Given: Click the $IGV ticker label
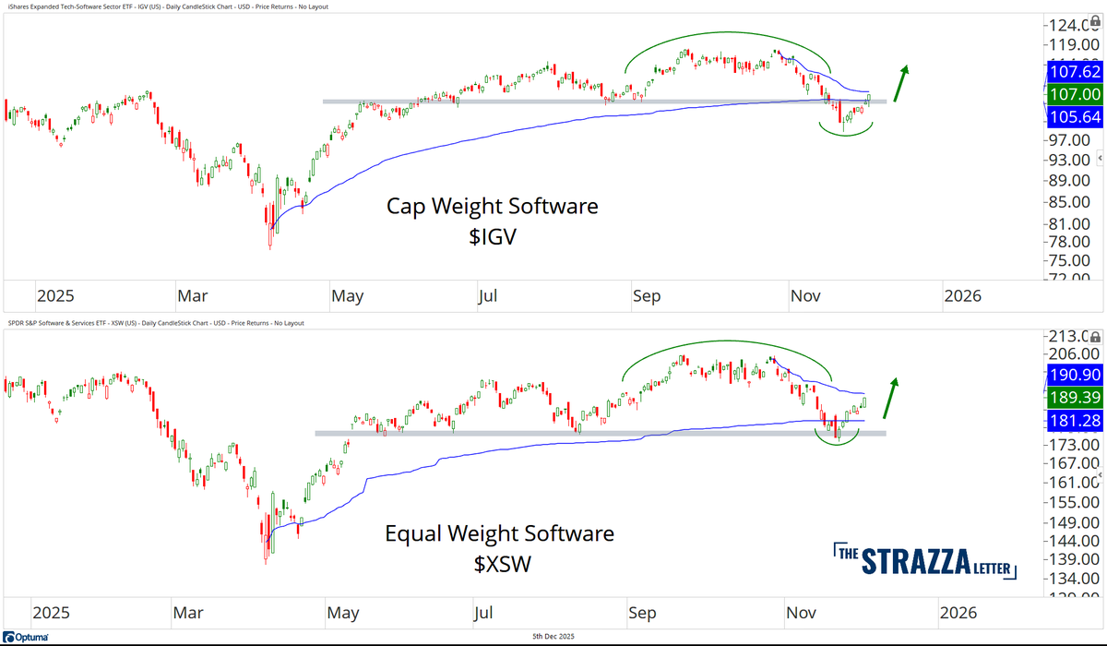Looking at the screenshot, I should [x=492, y=237].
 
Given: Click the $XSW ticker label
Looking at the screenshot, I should [x=498, y=564].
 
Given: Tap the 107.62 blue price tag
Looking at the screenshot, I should [x=1074, y=71].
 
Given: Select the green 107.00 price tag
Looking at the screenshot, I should [x=1074, y=94].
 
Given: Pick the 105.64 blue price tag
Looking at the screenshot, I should [x=1074, y=117].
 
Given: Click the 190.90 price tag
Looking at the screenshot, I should [x=1074, y=376].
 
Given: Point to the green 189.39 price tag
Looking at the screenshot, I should [x=1074, y=398].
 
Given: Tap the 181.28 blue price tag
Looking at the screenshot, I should [x=1074, y=421].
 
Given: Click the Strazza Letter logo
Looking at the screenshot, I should [x=926, y=561].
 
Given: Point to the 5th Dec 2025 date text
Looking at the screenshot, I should [x=554, y=638].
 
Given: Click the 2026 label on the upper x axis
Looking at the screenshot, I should [x=962, y=296].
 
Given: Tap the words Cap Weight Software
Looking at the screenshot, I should [x=492, y=207].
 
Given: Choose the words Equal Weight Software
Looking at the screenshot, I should [x=499, y=533].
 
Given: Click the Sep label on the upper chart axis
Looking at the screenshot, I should [x=647, y=296].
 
